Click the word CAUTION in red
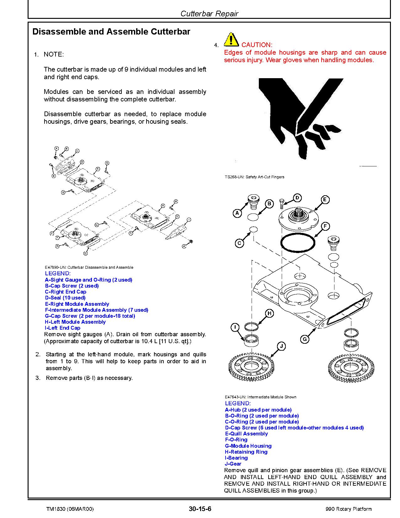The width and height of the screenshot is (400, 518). [x=257, y=45]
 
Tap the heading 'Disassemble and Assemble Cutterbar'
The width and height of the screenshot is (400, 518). [x=111, y=32]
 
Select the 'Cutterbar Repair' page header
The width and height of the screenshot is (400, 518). [x=209, y=13]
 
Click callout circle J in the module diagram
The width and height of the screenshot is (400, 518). [x=281, y=346]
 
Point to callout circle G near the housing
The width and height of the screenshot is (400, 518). [x=304, y=339]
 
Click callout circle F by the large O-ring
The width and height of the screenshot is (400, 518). [x=325, y=226]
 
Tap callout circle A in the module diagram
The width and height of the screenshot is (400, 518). [x=237, y=213]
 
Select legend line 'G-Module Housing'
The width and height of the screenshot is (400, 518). [x=248, y=446]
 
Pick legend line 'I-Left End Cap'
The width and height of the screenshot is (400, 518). [x=62, y=328]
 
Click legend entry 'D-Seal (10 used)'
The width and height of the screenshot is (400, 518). [x=65, y=298]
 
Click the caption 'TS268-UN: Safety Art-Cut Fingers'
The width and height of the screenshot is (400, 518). [x=254, y=177]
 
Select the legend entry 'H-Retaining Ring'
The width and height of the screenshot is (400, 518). [x=246, y=452]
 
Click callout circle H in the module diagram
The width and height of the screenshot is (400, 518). [x=269, y=313]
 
